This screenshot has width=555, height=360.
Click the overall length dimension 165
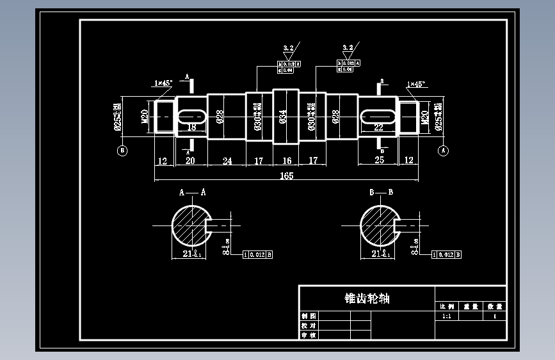click(x=286, y=176)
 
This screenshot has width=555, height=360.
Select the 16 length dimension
click(x=286, y=161)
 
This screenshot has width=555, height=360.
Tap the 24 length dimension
click(x=227, y=161)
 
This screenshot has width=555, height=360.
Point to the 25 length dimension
click(x=379, y=160)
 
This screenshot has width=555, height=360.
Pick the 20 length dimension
click(x=190, y=161)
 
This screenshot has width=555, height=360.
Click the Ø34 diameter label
click(x=283, y=117)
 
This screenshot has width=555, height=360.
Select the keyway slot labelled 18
click(x=191, y=117)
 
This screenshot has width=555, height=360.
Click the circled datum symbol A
click(x=442, y=151)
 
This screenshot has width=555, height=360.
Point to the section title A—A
click(x=192, y=192)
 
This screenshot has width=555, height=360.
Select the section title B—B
click(x=381, y=192)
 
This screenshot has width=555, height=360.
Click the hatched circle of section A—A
click(x=190, y=225)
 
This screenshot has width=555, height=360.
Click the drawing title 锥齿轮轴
click(x=367, y=299)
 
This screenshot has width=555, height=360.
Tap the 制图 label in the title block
click(x=309, y=316)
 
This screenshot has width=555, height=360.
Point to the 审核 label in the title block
click(x=309, y=335)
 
